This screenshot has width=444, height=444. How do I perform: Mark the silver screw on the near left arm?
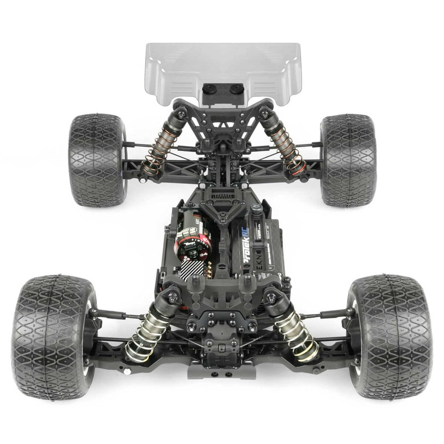[126, 373]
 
